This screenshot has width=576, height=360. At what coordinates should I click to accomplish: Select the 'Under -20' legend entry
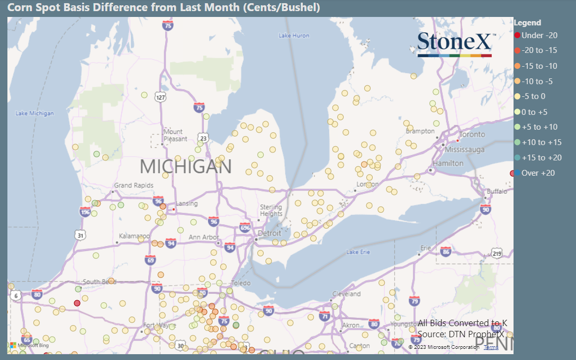tap(539, 35)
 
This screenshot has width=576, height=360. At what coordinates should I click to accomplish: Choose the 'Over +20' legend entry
tap(538, 173)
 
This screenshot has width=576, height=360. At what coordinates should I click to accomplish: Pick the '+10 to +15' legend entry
tap(541, 142)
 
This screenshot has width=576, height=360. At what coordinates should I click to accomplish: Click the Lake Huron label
tap(294, 35)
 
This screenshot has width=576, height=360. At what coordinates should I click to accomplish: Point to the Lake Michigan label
tap(34, 113)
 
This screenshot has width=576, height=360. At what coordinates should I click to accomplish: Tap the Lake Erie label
tap(358, 252)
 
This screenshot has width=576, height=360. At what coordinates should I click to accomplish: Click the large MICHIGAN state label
tap(186, 167)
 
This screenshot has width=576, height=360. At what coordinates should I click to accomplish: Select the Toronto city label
tap(472, 135)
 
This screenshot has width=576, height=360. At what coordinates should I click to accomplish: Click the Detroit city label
tap(269, 233)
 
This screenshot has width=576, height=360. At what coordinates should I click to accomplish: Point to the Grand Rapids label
tap(133, 185)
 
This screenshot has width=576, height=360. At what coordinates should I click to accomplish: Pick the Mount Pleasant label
tap(175, 135)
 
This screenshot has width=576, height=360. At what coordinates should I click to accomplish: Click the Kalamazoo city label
tap(134, 235)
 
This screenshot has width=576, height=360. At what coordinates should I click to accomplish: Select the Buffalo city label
tap(497, 191)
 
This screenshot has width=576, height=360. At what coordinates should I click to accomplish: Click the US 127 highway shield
tap(161, 97)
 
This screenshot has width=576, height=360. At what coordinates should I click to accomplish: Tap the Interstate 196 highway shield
tap(85, 212)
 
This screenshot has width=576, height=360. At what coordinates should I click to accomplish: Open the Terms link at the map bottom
tap(491, 347)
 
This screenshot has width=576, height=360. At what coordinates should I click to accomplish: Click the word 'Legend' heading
tap(527, 23)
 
